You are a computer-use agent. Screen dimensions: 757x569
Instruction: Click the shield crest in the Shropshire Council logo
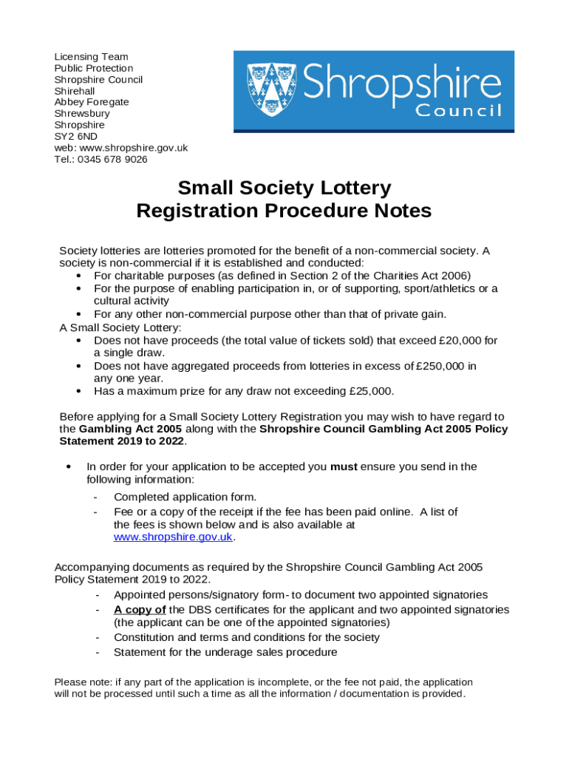270,90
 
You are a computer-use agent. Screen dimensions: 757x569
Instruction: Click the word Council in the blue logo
458,111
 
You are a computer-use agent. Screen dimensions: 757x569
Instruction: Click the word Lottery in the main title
347,189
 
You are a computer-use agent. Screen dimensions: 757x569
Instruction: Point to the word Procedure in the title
304,211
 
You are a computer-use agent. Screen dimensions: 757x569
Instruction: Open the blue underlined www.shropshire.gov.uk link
173,537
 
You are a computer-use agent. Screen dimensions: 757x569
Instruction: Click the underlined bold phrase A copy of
140,610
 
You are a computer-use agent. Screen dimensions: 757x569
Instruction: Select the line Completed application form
185,497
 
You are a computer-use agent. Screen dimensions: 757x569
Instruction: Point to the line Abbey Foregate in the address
92,102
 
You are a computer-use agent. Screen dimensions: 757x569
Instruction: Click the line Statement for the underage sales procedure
225,652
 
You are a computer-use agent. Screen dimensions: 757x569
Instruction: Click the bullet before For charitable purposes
78,276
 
